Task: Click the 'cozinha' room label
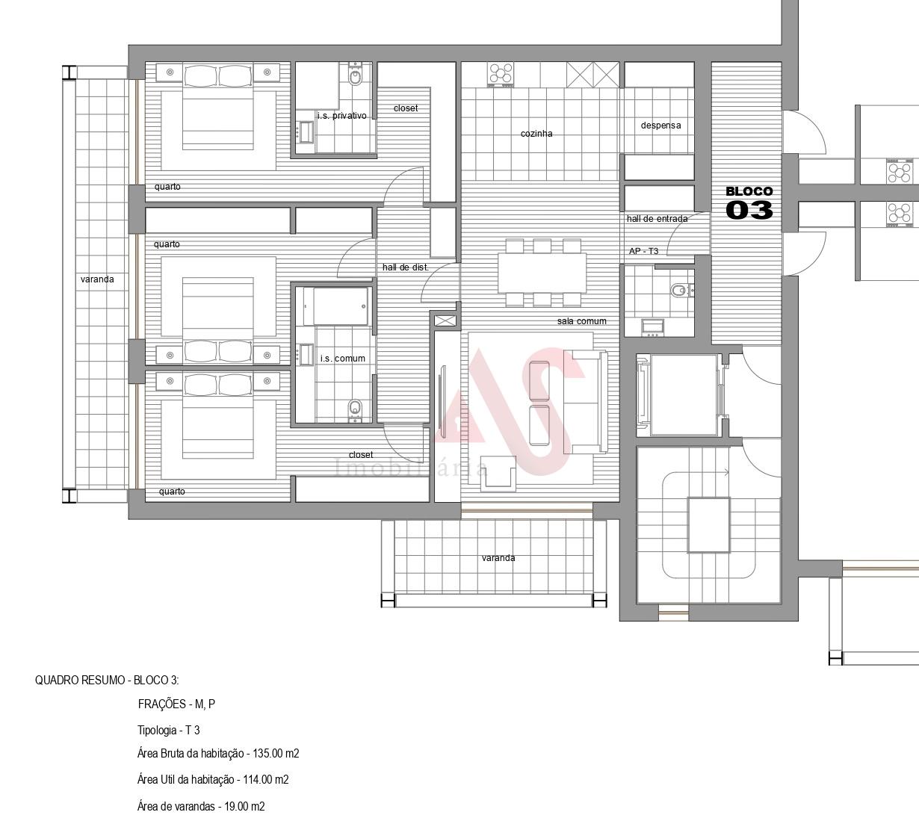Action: coord(536,133)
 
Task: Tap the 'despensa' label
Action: coord(660,126)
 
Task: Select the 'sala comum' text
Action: coord(581,321)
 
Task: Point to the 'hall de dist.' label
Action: coord(405,267)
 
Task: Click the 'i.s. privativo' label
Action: coord(341,116)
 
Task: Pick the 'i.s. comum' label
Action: coord(342,359)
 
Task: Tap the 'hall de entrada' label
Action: coord(657,219)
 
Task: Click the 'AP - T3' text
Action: coord(643,251)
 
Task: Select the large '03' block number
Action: coord(749,210)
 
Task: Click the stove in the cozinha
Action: coord(501,74)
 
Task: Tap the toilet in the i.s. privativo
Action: coord(355,77)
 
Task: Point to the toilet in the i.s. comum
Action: coord(355,410)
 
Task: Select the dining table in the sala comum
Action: coord(542,273)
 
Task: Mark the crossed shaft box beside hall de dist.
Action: coord(445,321)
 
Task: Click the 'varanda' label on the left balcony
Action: coord(97,279)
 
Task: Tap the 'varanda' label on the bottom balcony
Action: coord(498,558)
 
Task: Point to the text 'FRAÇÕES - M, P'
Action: coord(176,704)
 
